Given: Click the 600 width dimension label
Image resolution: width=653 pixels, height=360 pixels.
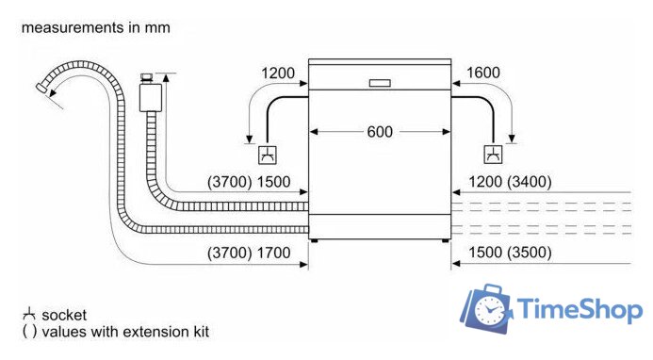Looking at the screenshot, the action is point(380,132).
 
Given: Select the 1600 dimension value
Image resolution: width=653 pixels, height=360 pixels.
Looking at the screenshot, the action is point(483,73).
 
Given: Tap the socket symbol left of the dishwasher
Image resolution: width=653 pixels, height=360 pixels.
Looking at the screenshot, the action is point(268,155).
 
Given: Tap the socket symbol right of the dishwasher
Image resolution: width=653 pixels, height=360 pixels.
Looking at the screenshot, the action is point(493,155).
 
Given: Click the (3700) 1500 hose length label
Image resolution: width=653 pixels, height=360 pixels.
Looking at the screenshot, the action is point(249,182).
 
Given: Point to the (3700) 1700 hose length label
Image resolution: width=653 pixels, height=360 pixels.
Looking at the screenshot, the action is point(249,253).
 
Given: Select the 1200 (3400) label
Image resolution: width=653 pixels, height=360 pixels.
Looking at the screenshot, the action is point(510,182).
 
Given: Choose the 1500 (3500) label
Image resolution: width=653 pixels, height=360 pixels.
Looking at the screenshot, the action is point(510,253).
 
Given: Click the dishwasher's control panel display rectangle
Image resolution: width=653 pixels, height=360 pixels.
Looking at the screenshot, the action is point(380,83).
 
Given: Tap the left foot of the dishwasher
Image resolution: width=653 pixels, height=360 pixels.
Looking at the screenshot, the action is point(314,241).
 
